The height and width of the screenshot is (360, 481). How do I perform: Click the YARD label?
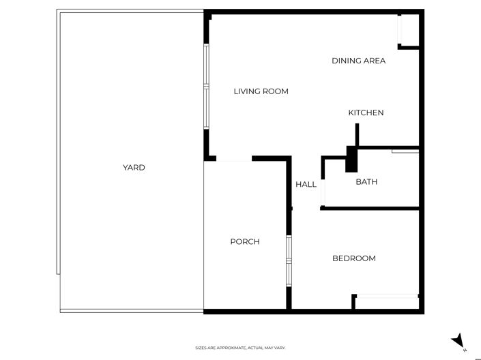[134, 167]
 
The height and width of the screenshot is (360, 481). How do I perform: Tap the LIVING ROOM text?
[261, 91]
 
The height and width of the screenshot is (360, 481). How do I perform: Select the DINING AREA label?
[358, 61]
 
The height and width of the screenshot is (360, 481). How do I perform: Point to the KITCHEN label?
[366, 112]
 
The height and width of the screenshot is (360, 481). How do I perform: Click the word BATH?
[366, 182]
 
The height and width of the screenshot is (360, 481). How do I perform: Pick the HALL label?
[306, 184]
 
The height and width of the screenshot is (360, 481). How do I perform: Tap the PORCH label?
[244, 241]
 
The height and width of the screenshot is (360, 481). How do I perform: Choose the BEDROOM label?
[353, 258]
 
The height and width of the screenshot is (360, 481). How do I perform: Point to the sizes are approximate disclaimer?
[240, 348]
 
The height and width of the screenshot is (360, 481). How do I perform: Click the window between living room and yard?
[205, 87]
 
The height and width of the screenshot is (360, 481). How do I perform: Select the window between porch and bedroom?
[289, 260]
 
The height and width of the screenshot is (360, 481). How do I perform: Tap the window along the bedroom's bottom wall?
[388, 296]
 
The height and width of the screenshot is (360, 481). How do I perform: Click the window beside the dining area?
[401, 31]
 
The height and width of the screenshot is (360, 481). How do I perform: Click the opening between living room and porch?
[234, 160]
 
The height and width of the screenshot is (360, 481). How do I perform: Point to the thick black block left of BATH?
[351, 160]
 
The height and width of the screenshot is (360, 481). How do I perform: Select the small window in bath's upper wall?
[405, 151]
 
